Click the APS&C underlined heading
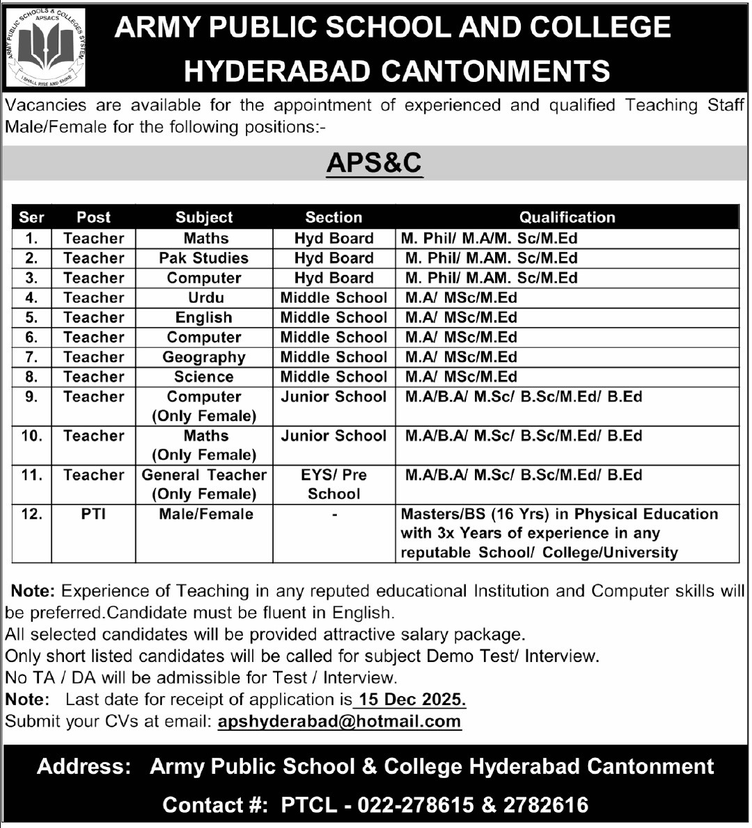pos(374,163)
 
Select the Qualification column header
pos(567,217)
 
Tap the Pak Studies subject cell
pos(204,258)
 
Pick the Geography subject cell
pos(204,357)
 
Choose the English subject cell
pos(204,317)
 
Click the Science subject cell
pos(204,376)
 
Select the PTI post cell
pos(93,514)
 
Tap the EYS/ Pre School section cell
pos(334,484)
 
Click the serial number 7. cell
pos(32,357)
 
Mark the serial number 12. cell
pos(32,514)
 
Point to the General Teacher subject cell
pos(204,475)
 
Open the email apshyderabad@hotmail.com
pos(340,721)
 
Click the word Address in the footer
pos(84,766)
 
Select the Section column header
pos(334,217)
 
